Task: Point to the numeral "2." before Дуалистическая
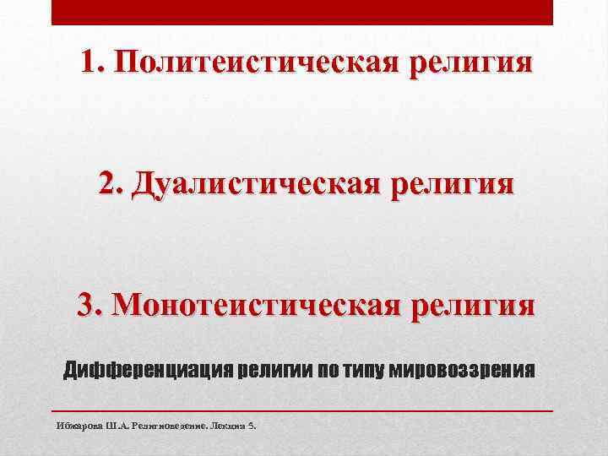tap(111, 182)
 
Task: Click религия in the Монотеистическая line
tap(472, 303)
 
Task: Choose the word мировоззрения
tap(462, 370)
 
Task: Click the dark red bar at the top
tap(302, 12)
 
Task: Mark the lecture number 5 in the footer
tap(251, 426)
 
